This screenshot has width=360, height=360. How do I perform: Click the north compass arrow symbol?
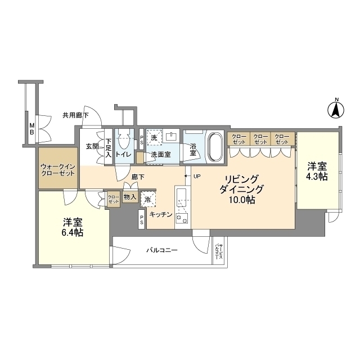336,109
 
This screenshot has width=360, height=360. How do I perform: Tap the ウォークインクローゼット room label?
57,170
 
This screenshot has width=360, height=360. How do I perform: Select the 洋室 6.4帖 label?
73,227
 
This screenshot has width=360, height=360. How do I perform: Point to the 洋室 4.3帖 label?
317,172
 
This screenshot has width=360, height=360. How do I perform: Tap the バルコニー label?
162,249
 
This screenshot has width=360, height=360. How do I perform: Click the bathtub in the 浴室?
214,146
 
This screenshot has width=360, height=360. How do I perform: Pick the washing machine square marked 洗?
154,137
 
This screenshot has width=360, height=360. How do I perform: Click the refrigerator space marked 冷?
148,199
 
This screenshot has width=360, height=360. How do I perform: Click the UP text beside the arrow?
197,177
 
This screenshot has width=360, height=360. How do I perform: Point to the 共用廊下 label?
75,115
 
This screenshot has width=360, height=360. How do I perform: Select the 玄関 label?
92,146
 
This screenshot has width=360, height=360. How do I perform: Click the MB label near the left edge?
32,129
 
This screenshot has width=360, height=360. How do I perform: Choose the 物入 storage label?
129,197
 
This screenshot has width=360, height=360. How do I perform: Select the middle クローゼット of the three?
260,138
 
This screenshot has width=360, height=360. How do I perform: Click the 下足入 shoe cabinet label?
108,147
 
